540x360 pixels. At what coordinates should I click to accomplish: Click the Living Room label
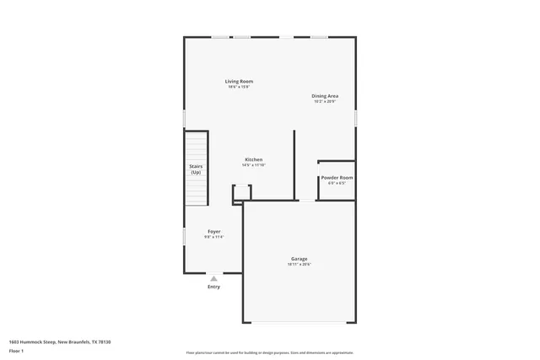(x=239, y=81)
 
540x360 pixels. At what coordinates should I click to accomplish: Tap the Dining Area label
(x=325, y=96)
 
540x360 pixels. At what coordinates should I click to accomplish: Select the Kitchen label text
(x=254, y=159)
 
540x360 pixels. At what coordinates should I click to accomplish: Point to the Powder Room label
(x=337, y=178)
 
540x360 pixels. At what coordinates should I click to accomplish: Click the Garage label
(x=300, y=259)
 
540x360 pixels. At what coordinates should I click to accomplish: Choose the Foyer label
(x=215, y=232)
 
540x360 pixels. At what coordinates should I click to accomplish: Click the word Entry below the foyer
(x=213, y=287)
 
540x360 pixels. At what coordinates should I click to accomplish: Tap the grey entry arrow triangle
(x=213, y=277)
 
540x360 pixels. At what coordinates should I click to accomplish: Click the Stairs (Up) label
(x=196, y=169)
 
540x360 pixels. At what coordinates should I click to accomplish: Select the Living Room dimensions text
(x=239, y=87)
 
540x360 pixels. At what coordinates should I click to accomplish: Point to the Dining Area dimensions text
(x=325, y=102)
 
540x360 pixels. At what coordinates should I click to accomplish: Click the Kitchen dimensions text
(x=254, y=165)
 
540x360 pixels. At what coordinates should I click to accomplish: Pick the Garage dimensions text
(x=300, y=265)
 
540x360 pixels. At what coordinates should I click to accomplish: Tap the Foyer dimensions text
(x=215, y=238)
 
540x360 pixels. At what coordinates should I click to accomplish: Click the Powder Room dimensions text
(x=337, y=184)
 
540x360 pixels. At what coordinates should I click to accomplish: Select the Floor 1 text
(x=17, y=350)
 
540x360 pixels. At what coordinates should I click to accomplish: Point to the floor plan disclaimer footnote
(x=270, y=353)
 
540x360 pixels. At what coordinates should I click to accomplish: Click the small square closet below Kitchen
(x=242, y=193)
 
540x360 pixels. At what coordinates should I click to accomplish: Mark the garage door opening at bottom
(x=300, y=323)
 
